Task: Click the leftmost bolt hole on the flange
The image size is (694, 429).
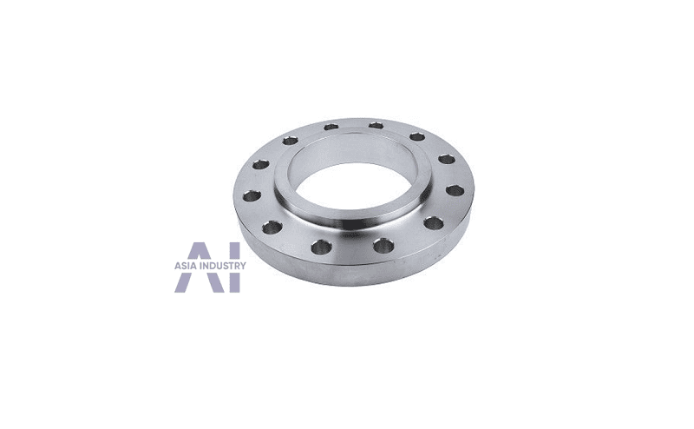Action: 252,195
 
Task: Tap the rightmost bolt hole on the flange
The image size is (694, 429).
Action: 455,191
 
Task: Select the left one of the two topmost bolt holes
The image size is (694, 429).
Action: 331,127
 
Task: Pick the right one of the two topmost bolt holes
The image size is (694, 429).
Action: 376,125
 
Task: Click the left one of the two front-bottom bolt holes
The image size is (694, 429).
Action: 322,247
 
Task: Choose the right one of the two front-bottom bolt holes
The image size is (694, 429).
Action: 383,245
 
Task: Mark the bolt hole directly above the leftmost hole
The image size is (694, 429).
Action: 261,165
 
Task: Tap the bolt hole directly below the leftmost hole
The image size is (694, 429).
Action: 272,228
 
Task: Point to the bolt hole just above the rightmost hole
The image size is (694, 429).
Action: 447,159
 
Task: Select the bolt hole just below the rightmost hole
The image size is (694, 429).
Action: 434,222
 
